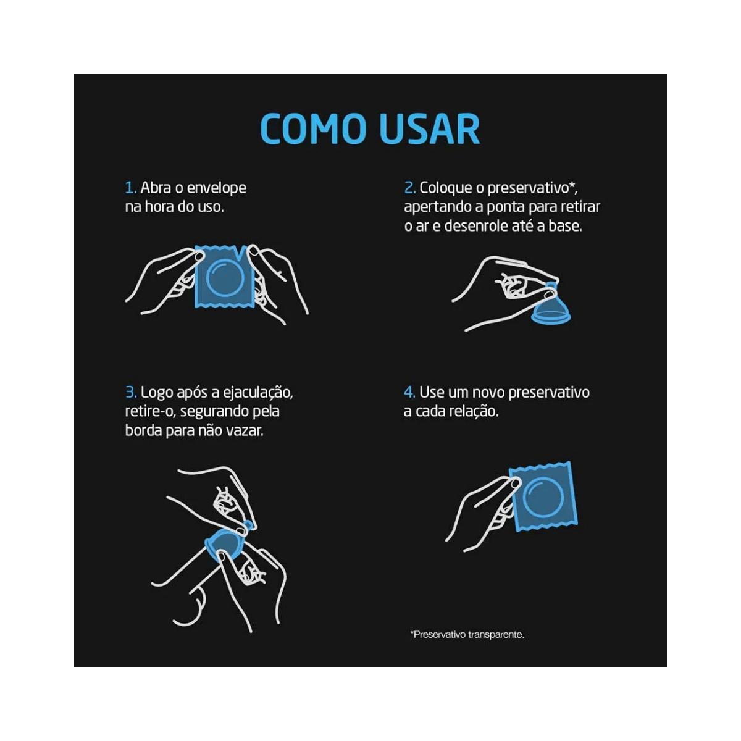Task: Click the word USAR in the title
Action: point(430,128)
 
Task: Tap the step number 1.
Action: point(131,188)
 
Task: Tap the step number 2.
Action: point(410,188)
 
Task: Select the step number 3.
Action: point(131,393)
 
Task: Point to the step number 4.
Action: point(409,393)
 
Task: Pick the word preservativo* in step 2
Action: point(532,189)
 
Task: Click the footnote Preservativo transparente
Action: point(467,635)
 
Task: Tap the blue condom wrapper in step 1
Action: point(225,277)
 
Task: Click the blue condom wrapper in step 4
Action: point(543,497)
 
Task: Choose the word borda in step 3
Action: point(143,430)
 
